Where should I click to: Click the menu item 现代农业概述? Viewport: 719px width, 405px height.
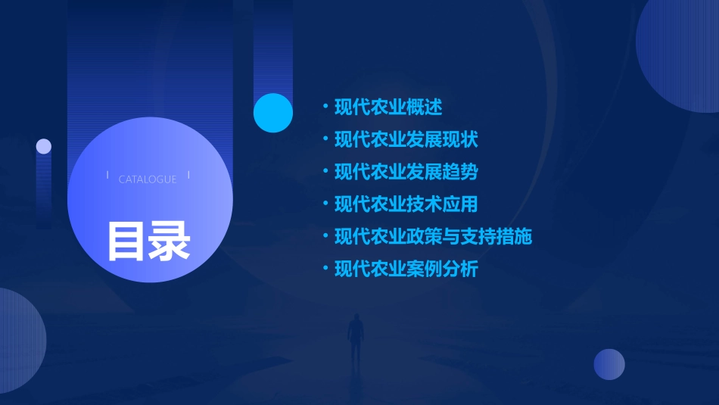point(388,107)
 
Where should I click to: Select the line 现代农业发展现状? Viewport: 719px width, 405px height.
point(406,140)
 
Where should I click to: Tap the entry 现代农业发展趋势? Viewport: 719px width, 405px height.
point(406,172)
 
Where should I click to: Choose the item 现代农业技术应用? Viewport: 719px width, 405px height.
point(406,204)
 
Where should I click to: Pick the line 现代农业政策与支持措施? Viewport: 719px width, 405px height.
point(433,236)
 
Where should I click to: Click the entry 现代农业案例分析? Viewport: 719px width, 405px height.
point(406,269)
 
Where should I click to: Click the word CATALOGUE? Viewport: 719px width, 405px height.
point(148,179)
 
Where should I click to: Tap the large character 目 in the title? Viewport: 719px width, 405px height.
point(126,241)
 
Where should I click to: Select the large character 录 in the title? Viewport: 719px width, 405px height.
point(170,241)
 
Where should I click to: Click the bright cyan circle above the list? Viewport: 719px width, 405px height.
point(273,113)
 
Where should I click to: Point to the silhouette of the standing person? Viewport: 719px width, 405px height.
point(355,339)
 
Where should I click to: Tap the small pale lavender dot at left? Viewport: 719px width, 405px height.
point(44,146)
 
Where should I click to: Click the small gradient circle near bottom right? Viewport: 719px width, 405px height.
point(609,364)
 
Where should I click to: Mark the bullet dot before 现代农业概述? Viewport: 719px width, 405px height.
point(325,107)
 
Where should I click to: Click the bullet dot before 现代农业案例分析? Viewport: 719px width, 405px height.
point(325,269)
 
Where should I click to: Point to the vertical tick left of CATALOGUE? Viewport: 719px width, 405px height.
point(107,176)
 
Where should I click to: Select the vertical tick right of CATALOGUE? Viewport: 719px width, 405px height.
point(188,176)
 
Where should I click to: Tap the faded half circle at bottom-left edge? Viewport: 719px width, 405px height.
point(19,341)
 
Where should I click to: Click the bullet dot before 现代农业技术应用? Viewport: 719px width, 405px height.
point(325,204)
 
